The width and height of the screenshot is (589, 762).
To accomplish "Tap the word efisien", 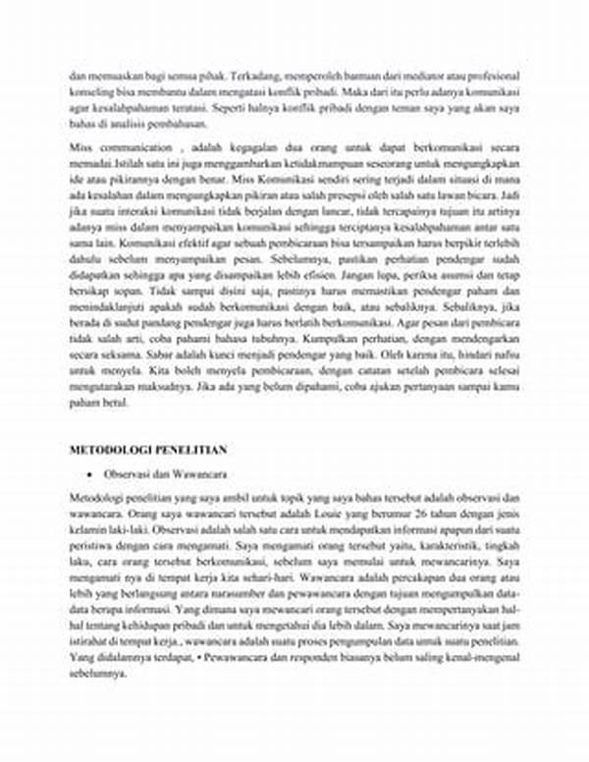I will [x=318, y=276].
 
